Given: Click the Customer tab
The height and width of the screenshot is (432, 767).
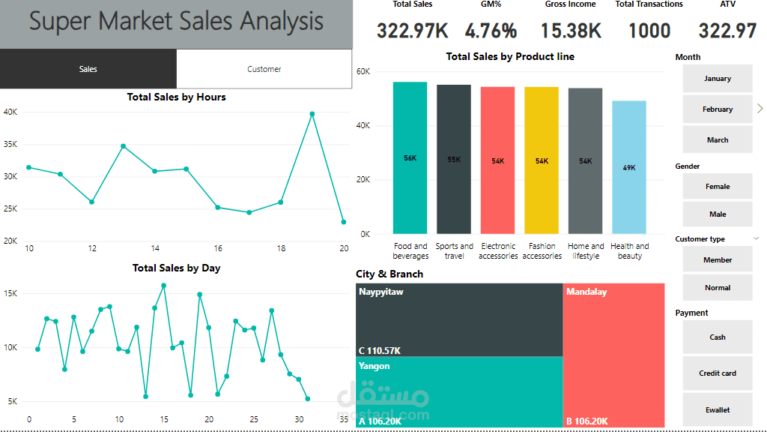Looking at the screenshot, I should (x=264, y=69).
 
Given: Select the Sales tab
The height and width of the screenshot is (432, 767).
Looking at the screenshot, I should (x=88, y=69).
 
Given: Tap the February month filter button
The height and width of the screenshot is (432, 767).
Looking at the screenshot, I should (x=717, y=109).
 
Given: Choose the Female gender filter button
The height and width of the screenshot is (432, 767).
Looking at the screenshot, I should (x=717, y=187).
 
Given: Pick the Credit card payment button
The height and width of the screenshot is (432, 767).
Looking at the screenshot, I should (x=717, y=373).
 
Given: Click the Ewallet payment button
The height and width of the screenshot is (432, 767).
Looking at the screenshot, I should (x=717, y=410).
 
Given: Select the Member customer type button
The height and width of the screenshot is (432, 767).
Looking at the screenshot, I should (x=717, y=260).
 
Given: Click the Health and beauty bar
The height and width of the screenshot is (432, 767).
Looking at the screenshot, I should (x=629, y=167).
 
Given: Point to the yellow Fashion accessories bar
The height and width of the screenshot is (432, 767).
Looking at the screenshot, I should (x=542, y=160).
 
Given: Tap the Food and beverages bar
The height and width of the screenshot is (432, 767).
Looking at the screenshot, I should (x=410, y=157).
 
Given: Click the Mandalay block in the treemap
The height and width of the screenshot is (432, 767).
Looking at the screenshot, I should (x=613, y=352).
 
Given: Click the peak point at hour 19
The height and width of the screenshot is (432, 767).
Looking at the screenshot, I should (x=312, y=114).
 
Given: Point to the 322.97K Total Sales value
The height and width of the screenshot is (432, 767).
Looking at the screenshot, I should (x=412, y=31).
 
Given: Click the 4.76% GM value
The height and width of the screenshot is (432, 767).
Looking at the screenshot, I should (x=491, y=31).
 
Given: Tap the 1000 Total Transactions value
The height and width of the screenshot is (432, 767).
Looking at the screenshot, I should (x=649, y=31).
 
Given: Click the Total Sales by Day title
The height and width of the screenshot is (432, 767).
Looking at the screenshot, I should (x=176, y=268).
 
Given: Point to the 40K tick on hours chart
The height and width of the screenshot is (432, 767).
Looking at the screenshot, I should (x=10, y=112).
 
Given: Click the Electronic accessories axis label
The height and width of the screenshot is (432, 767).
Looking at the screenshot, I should (x=498, y=251).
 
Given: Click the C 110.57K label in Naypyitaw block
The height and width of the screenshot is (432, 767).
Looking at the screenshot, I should (x=380, y=350).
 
